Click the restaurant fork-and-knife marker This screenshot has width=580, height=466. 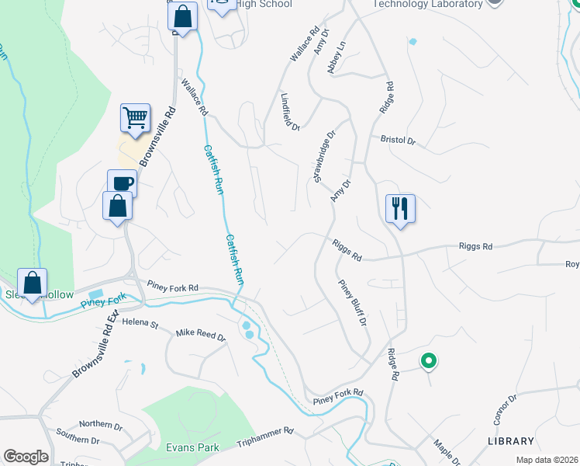(x=400, y=209)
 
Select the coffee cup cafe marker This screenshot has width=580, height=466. (x=122, y=184)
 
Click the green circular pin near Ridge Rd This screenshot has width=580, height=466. (x=427, y=361)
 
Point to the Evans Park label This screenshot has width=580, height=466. (x=193, y=447)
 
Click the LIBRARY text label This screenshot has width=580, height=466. (x=511, y=440)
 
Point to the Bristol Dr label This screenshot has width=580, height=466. (x=398, y=141)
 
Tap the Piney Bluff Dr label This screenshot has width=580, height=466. (x=352, y=302)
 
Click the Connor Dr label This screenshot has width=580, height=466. (x=505, y=409)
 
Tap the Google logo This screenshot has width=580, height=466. (x=26, y=457)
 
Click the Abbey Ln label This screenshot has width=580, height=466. (x=336, y=58)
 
